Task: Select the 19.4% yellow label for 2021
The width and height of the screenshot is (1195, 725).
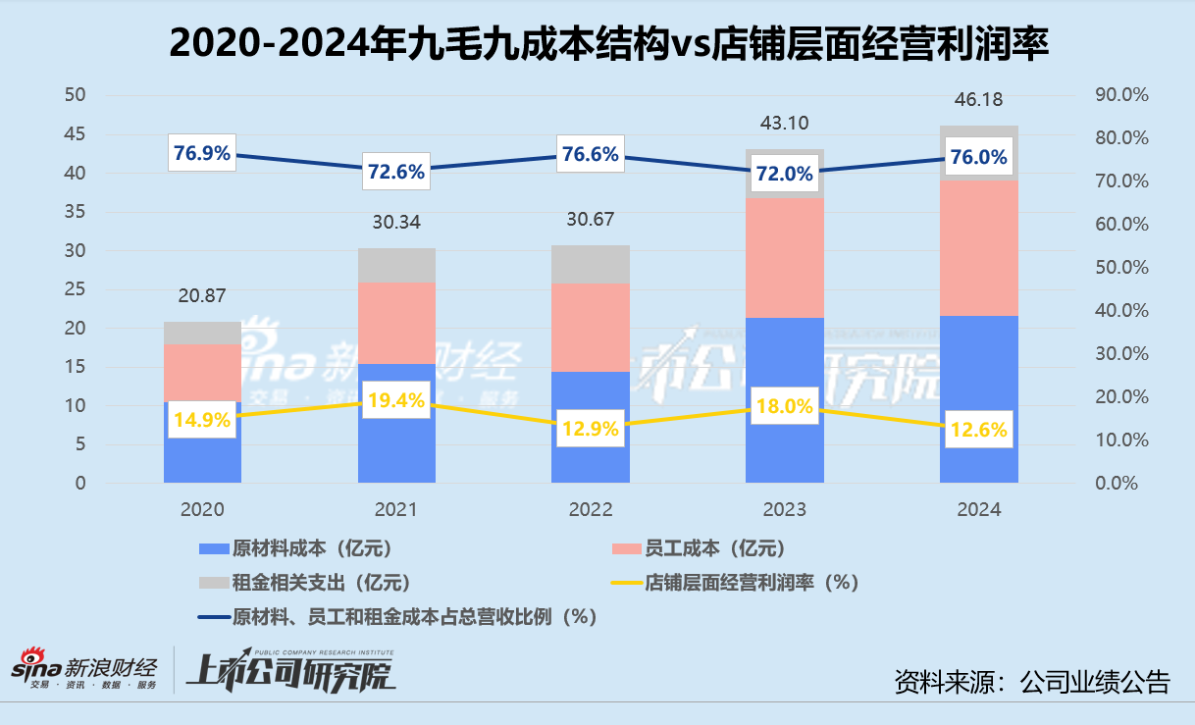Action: tap(396, 399)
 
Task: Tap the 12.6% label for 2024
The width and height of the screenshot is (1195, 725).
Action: tap(978, 430)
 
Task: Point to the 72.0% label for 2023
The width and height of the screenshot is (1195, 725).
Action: tap(784, 174)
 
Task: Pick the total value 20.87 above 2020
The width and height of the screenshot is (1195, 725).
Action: tap(202, 295)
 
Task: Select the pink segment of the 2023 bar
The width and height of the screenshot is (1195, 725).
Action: tap(784, 257)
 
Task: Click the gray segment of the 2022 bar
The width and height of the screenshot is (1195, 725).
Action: tap(591, 264)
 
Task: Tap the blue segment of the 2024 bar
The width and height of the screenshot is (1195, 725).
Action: tap(978, 373)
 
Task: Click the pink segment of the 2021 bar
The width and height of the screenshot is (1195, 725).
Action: tap(396, 323)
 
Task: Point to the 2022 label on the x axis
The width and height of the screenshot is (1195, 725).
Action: tap(591, 510)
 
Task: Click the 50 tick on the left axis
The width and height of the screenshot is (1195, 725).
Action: tap(75, 95)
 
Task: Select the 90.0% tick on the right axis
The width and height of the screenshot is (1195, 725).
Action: tap(1119, 95)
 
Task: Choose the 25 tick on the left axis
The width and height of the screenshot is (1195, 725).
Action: tap(75, 289)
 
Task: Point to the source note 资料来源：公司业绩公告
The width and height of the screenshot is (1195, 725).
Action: tap(1032, 681)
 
